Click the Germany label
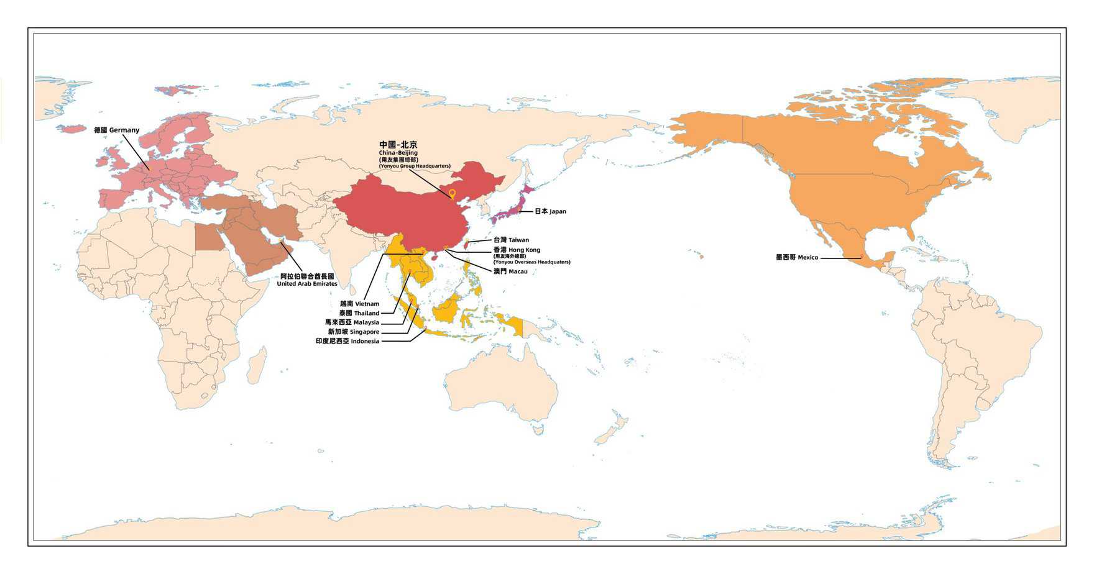click(116, 130)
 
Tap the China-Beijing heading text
click(398, 145)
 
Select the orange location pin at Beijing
click(452, 194)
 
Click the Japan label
click(550, 211)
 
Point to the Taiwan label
click(511, 240)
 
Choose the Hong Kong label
click(517, 250)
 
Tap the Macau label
click(510, 271)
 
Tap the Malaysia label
click(352, 322)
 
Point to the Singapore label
click(354, 332)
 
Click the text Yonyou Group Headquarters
click(415, 166)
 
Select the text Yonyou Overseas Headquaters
click(531, 262)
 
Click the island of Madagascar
click(256, 366)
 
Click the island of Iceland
click(71, 129)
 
